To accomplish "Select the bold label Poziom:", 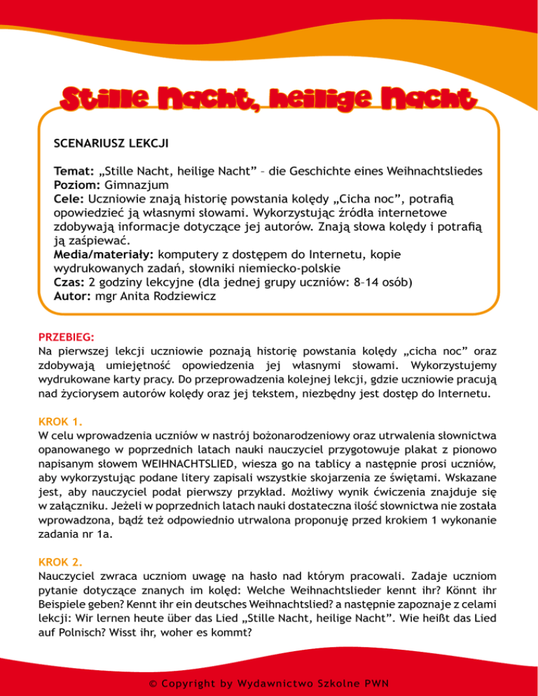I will [x=77, y=185].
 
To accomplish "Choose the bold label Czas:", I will [x=69, y=283].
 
